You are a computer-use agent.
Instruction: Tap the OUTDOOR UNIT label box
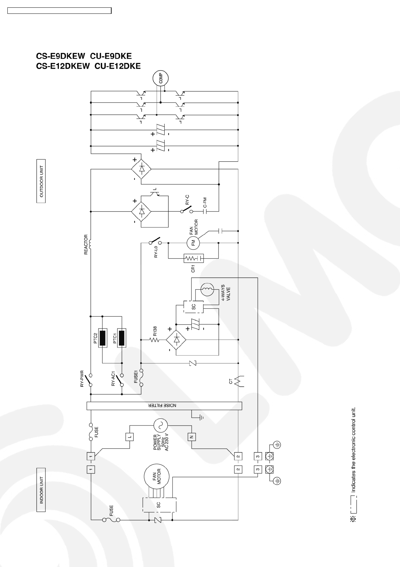(x=41, y=181)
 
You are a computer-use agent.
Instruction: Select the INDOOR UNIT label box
(x=41, y=490)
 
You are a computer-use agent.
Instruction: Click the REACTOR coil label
(x=86, y=244)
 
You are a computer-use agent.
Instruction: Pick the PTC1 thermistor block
(x=122, y=338)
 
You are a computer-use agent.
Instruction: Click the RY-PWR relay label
(x=82, y=379)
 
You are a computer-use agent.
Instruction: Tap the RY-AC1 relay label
(x=113, y=379)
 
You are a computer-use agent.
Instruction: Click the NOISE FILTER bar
(x=164, y=406)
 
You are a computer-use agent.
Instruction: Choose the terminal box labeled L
(x=130, y=437)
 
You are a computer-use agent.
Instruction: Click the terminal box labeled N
(x=192, y=437)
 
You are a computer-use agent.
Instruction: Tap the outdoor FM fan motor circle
(x=193, y=243)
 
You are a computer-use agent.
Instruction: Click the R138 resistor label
(x=155, y=331)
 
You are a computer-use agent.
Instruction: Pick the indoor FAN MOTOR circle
(x=157, y=476)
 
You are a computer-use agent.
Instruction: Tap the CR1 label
(x=193, y=268)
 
